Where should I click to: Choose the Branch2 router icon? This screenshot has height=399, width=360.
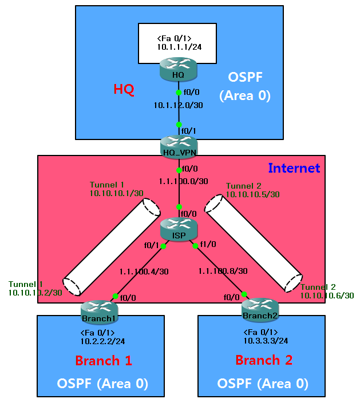(x=259, y=309)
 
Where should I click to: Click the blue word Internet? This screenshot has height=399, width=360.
(x=294, y=168)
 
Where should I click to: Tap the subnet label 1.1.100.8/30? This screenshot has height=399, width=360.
(x=223, y=271)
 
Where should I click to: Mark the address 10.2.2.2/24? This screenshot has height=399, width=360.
(x=104, y=341)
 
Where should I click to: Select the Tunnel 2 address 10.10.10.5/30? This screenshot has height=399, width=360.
(x=252, y=195)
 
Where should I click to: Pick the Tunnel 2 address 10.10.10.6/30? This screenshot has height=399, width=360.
(x=327, y=296)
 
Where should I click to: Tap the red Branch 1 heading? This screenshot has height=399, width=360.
(x=104, y=361)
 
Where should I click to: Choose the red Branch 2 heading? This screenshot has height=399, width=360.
(x=264, y=361)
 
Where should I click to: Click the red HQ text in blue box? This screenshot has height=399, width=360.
(x=124, y=90)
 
